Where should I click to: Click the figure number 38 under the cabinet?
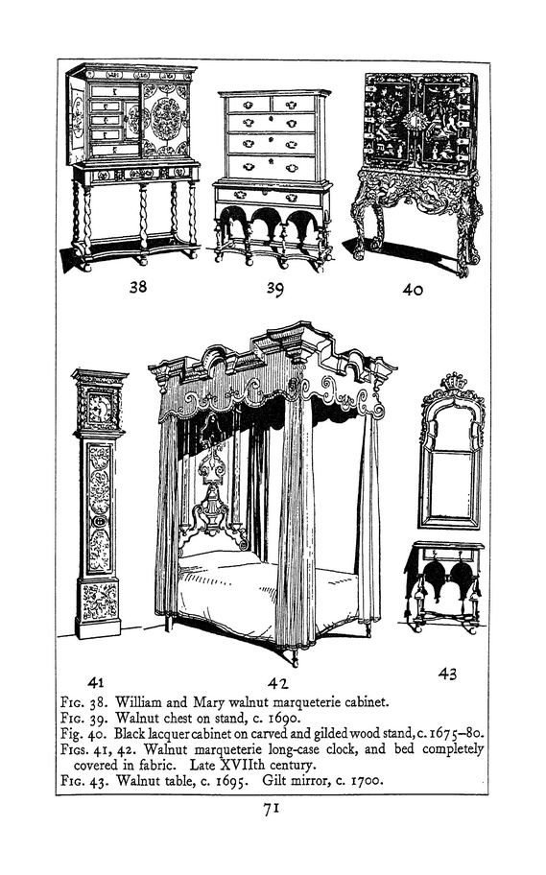[138, 286]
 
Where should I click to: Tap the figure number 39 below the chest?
[274, 289]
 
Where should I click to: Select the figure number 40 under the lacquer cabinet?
[413, 290]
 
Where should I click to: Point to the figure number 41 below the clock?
[95, 682]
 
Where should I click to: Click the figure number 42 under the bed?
[277, 683]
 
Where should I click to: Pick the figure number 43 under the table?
[447, 674]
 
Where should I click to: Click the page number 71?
[272, 809]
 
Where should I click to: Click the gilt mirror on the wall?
[451, 452]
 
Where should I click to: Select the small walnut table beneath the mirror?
[444, 586]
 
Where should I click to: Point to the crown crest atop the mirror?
[453, 382]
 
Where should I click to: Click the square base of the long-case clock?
[98, 609]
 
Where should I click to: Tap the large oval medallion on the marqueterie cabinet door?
[166, 119]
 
